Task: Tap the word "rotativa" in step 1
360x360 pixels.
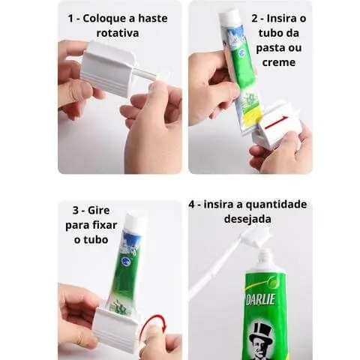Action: tap(118, 33)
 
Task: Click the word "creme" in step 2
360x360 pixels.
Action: tap(279, 62)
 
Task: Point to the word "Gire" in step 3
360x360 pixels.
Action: tap(98, 210)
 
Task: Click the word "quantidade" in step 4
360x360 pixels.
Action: tap(277, 205)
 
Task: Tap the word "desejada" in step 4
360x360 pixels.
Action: tap(247, 219)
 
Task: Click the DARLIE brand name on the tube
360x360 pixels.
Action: tap(261, 299)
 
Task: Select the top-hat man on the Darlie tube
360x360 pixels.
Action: tap(261, 340)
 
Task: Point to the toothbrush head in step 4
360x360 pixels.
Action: tap(255, 237)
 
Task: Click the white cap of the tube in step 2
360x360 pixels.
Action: tap(230, 17)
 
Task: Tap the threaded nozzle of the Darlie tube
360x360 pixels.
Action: tap(265, 259)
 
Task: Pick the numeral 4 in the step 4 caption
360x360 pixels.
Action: tap(191, 205)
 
